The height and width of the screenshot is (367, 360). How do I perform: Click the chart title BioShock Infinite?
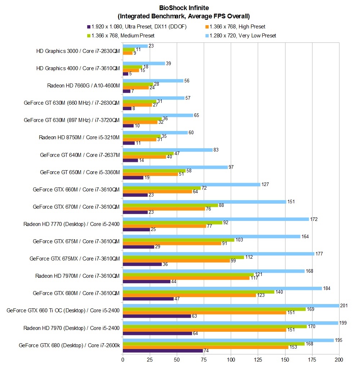[x=184, y=8]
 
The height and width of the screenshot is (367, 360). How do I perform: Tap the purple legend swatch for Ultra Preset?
[x=89, y=27]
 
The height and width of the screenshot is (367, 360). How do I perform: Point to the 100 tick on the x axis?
[x=231, y=359]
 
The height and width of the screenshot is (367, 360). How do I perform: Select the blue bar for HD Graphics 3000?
[x=135, y=46]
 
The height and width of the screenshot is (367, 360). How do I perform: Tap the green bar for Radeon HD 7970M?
[x=188, y=275]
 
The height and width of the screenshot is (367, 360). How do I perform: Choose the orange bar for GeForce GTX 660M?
[x=158, y=191]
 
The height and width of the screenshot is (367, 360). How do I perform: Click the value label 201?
[x=345, y=305]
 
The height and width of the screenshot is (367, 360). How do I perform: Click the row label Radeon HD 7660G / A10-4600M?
[x=83, y=85]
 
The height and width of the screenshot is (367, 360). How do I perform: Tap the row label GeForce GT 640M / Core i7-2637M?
[x=80, y=155]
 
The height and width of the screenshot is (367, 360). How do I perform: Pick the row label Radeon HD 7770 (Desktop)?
[x=71, y=224]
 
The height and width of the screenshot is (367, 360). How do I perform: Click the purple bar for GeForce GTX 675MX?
[x=142, y=264]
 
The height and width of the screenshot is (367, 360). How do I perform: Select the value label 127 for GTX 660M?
[x=265, y=184]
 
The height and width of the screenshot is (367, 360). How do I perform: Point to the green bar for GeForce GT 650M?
[x=154, y=171]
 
